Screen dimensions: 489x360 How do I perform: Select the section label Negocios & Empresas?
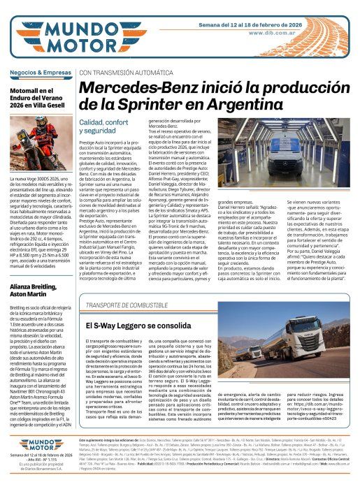(38, 72)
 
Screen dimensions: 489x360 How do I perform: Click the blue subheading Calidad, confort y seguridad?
(101, 126)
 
